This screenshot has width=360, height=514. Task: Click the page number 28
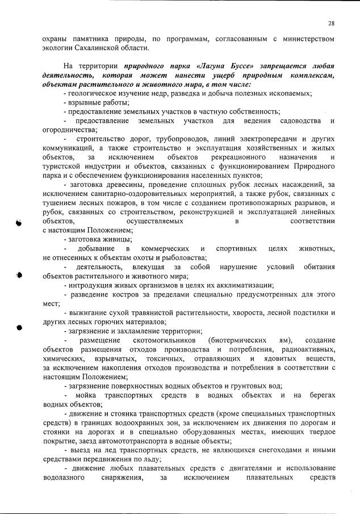click(x=331, y=23)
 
